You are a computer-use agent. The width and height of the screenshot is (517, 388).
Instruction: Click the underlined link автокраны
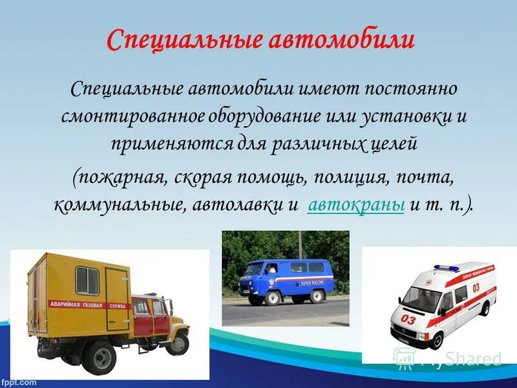(x=357, y=205)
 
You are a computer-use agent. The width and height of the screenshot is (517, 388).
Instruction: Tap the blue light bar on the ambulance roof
(x=446, y=268)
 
